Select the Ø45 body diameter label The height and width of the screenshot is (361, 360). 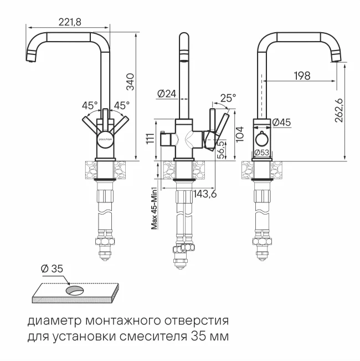click(282, 123)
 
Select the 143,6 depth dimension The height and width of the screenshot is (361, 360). click(205, 194)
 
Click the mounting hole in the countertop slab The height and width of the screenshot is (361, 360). click(74, 291)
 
